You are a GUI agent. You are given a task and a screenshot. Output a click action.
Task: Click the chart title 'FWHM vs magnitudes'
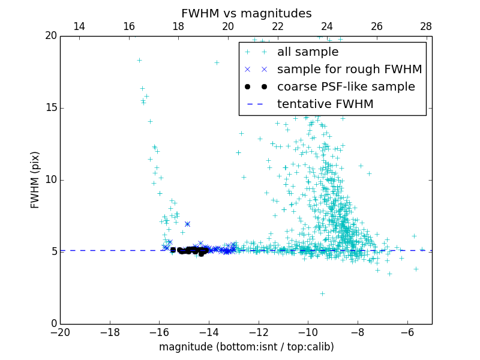click(x=246, y=13)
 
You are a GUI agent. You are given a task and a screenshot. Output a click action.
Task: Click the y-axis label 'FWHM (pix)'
click(x=35, y=179)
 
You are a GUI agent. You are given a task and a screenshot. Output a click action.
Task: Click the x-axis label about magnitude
click(x=246, y=347)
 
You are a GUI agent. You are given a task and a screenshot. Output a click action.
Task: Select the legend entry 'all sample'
click(x=308, y=52)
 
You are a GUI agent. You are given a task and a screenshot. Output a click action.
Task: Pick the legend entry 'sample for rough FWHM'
click(x=349, y=70)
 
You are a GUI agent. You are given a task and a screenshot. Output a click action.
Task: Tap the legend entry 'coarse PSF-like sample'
click(x=346, y=87)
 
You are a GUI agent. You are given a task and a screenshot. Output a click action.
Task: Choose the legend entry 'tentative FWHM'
click(x=325, y=104)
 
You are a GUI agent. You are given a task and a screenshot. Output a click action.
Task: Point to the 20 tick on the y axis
click(x=50, y=36)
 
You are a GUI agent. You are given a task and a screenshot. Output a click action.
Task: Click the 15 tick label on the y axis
click(x=50, y=108)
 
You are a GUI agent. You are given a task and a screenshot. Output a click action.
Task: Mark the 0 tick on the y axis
click(x=53, y=324)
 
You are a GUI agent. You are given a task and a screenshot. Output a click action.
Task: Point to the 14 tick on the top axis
click(x=79, y=26)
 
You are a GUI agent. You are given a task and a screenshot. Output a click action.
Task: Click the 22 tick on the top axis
click(x=277, y=26)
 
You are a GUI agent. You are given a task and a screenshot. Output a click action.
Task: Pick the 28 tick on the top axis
click(x=426, y=26)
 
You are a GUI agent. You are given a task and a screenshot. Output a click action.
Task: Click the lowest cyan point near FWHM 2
click(x=322, y=293)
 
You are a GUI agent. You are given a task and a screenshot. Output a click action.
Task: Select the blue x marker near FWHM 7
click(x=187, y=224)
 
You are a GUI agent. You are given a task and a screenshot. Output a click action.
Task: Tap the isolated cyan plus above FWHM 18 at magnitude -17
click(x=139, y=60)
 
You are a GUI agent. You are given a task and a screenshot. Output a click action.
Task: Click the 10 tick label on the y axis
click(x=50, y=180)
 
